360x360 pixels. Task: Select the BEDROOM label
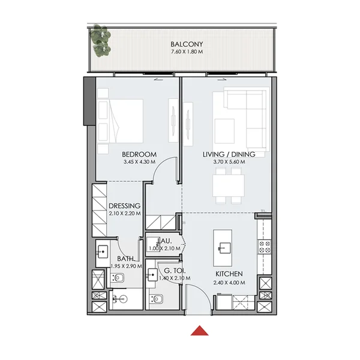[x=139, y=154]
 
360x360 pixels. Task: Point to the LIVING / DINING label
[x=229, y=154]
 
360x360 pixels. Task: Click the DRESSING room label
[x=125, y=205]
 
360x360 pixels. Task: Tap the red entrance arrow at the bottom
[x=199, y=330]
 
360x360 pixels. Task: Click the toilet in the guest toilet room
[x=158, y=299]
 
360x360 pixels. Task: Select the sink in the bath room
[x=103, y=251]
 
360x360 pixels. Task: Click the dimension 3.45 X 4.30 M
[x=139, y=162]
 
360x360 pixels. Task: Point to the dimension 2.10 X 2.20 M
[x=125, y=213]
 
